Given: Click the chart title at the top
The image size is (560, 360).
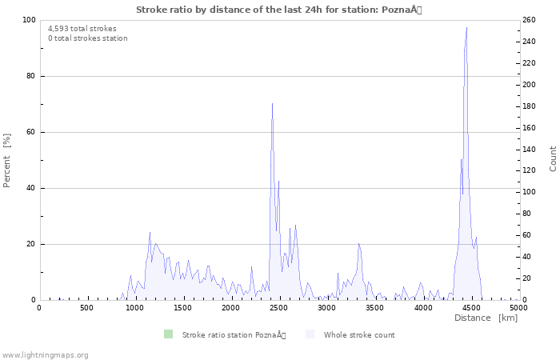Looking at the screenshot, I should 279,10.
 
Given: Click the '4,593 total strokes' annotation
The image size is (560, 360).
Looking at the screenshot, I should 82,29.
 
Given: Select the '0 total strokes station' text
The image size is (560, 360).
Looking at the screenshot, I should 87,38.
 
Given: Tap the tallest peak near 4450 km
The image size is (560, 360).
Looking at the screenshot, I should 466,28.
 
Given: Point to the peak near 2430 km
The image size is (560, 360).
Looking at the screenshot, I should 272,103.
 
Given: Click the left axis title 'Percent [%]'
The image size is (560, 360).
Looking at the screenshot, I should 7,160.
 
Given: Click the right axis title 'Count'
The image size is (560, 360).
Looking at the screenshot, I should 553,158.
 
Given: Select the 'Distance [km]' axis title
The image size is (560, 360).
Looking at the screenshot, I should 486,318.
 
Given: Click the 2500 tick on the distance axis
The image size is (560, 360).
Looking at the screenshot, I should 278,308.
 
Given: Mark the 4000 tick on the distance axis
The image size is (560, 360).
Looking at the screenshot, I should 422,308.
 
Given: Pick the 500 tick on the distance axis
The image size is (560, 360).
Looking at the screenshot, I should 86,308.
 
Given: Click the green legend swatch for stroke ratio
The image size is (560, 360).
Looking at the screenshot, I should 168,334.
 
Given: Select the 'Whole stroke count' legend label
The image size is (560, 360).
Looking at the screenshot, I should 359,334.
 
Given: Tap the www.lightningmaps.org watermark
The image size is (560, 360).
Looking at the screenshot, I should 45,354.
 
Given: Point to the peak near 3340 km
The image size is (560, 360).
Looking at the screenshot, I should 359,243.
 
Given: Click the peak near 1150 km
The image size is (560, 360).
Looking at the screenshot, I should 150,233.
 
